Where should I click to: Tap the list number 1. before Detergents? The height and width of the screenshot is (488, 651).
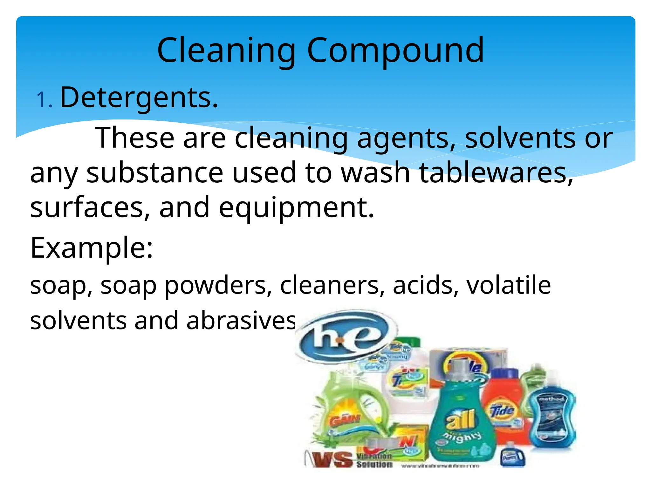click(x=44, y=100)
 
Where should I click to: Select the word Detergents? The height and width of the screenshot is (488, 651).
click(x=139, y=97)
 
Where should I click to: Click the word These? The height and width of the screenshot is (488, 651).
click(x=134, y=138)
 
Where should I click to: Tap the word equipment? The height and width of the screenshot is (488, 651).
click(x=296, y=208)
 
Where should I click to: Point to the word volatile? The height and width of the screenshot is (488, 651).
click(x=509, y=285)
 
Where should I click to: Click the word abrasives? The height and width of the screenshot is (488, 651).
click(x=241, y=320)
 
